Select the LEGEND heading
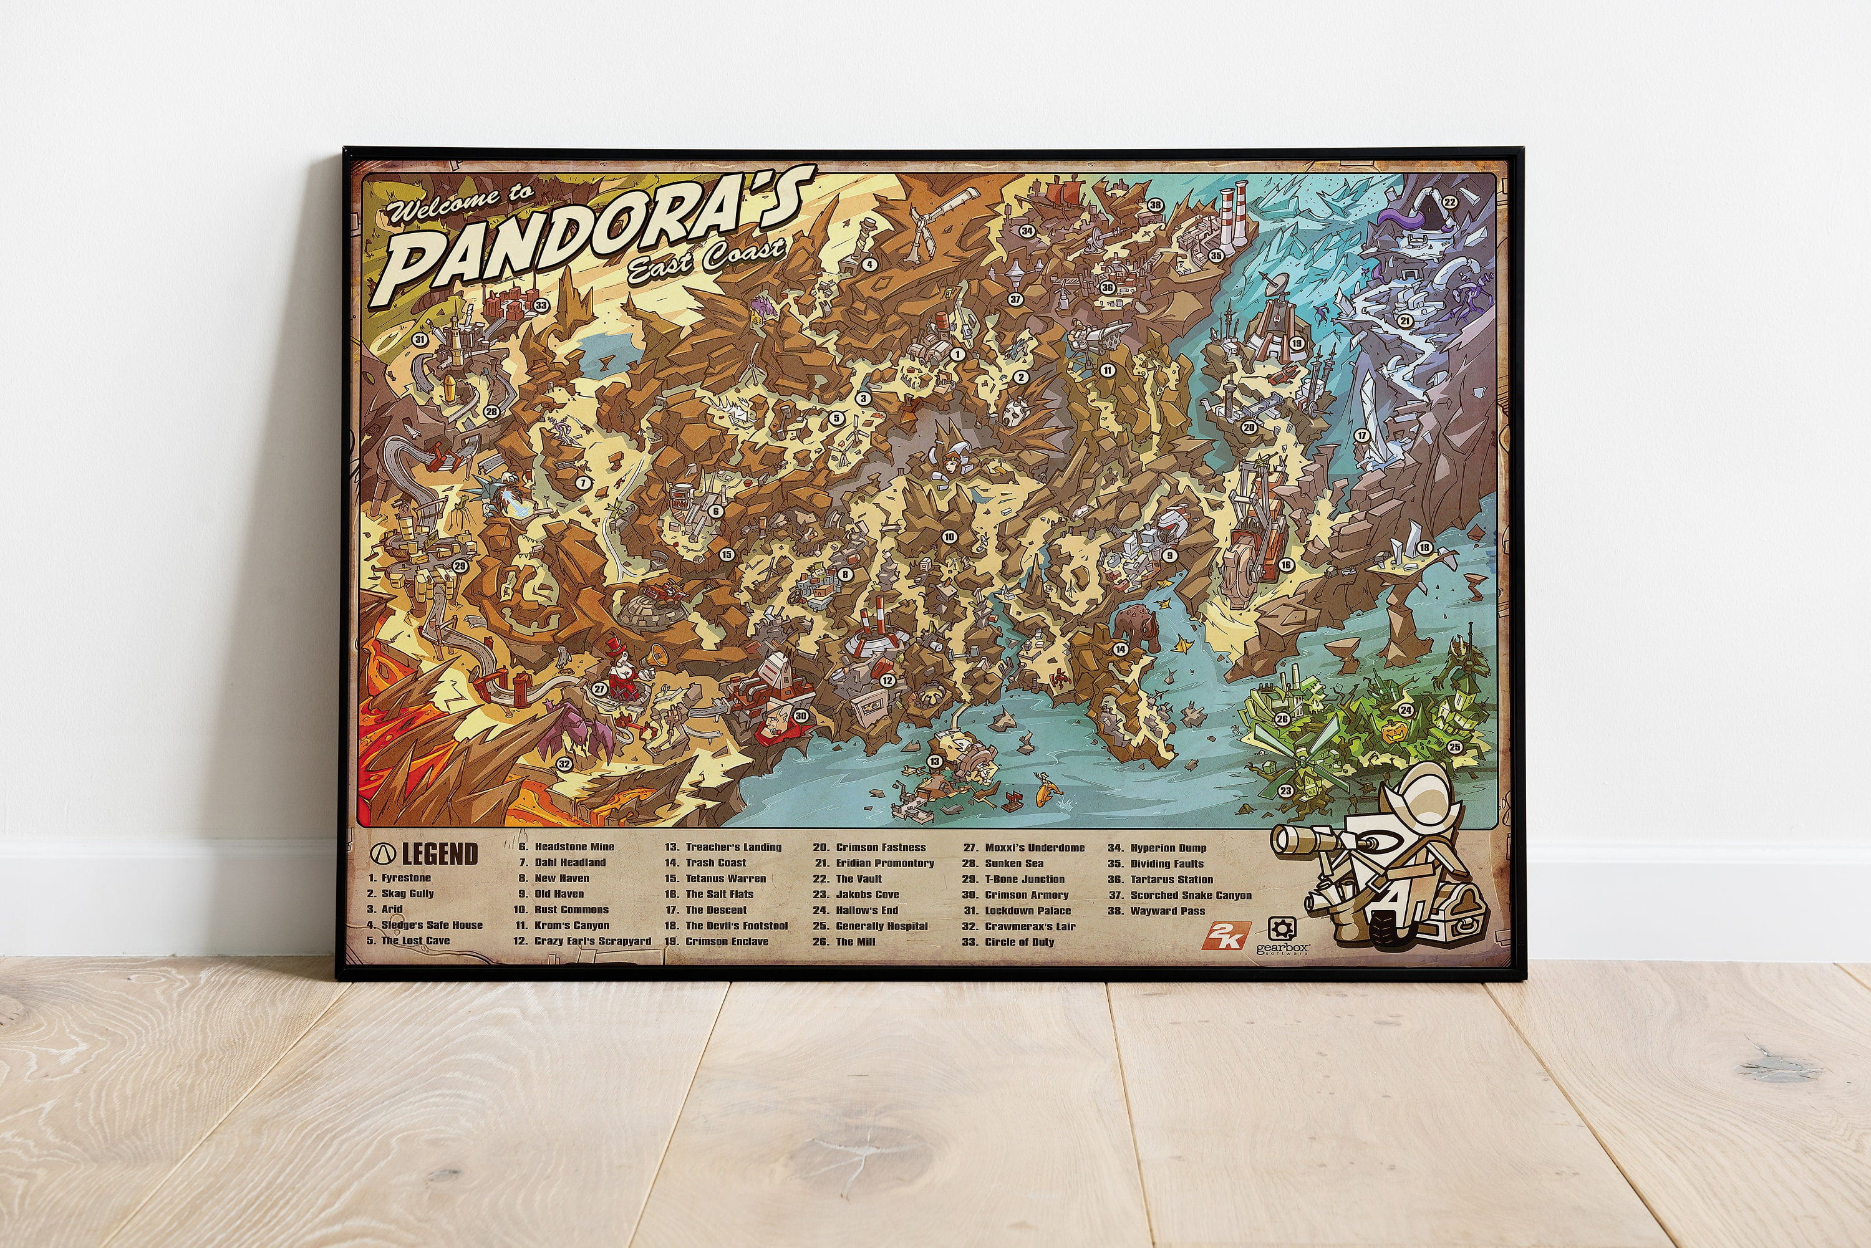click(x=438, y=854)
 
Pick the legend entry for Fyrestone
click(x=405, y=878)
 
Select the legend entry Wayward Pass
click(x=1167, y=911)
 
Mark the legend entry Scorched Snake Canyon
click(x=1191, y=895)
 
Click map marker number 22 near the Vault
click(x=1450, y=202)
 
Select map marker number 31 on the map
click(x=420, y=340)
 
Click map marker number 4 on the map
click(x=870, y=265)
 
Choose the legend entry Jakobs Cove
click(x=866, y=895)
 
